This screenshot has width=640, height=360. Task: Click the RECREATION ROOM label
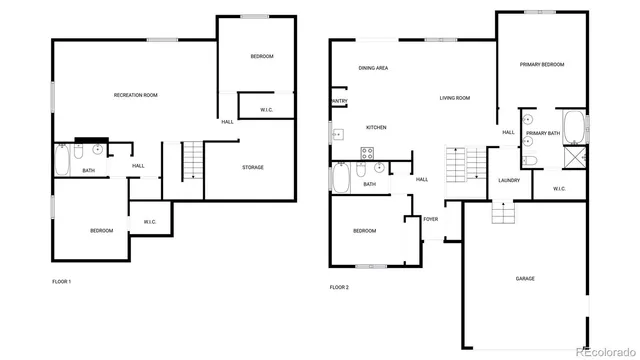[x=136, y=95]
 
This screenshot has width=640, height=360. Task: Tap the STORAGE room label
[x=253, y=167]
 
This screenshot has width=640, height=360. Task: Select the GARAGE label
[x=525, y=278]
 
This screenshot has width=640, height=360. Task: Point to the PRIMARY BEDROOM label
[x=542, y=65]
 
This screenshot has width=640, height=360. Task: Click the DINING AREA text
[x=374, y=68]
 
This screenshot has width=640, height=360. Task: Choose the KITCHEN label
[x=376, y=127]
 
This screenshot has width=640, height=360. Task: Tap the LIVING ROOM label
[x=454, y=98]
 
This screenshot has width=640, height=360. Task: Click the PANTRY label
[x=339, y=101]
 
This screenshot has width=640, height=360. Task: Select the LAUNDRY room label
[x=508, y=180]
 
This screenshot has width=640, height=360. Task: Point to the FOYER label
[x=431, y=219]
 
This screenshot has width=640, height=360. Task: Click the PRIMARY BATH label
[x=543, y=133]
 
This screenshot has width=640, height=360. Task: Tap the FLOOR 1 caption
[x=62, y=281]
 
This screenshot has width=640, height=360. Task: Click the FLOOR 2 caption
[x=340, y=287]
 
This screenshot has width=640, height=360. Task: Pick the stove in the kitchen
[x=366, y=153]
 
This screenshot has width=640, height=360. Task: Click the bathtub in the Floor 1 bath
[x=62, y=159]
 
